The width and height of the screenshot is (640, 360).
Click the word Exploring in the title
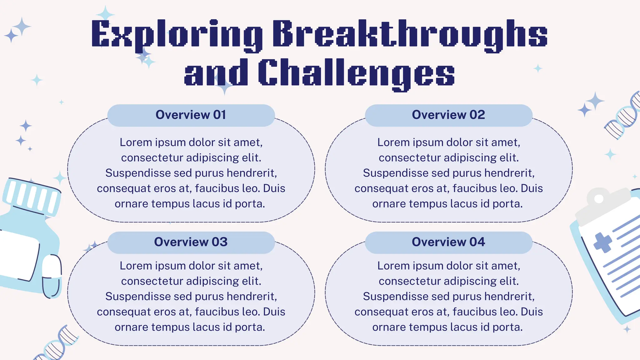coord(177,34)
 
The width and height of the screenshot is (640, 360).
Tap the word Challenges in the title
coord(356,73)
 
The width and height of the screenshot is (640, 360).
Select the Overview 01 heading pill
coord(191,115)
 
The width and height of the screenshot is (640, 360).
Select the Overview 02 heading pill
coord(448,115)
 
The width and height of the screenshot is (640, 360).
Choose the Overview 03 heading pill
coord(191,242)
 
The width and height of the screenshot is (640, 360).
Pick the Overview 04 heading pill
coord(448,242)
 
